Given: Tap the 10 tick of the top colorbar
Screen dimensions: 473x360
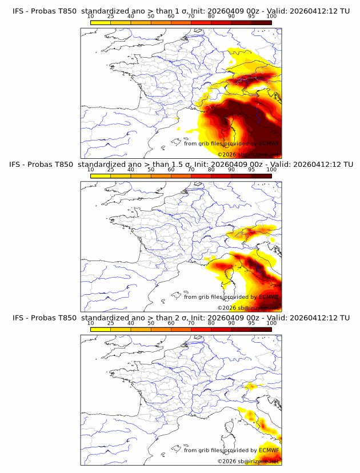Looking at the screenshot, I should [90, 16].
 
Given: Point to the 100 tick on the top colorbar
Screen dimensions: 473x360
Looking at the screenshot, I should [271, 16].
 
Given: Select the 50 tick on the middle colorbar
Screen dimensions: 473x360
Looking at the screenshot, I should [151, 170].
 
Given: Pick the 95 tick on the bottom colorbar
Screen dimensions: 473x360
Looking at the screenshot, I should [251, 323].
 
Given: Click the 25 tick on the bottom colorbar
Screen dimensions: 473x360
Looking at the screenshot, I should [110, 323].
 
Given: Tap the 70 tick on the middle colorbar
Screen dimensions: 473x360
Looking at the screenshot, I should [191, 170].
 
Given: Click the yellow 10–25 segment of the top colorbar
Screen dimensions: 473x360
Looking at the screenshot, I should [101, 22].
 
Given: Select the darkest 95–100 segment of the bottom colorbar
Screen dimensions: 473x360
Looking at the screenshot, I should [261, 330].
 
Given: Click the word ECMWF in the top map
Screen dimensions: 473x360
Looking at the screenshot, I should [269, 143].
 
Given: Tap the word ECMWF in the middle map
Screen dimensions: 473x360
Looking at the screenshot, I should [269, 297].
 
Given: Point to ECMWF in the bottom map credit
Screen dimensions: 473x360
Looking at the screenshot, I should [269, 450].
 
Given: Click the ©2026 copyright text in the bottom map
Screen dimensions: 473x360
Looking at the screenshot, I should [226, 461].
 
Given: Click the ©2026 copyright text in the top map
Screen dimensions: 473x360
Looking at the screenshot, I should [226, 154].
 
